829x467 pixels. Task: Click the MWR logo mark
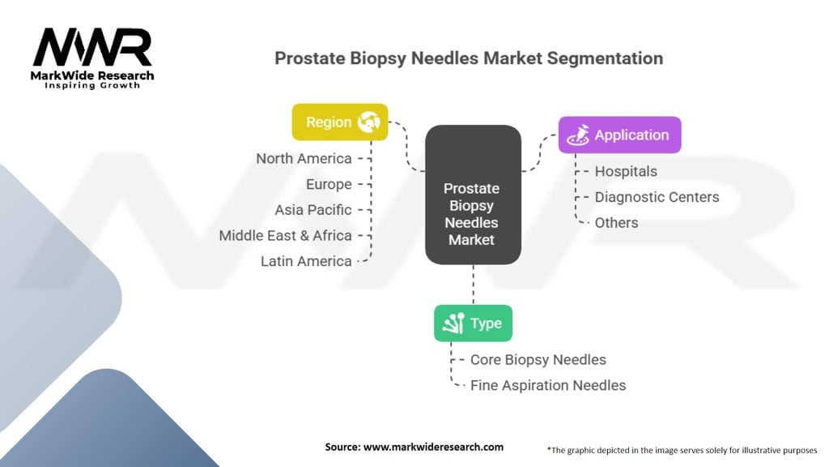pos(92,48)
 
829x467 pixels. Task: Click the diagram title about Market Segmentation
pos(469,58)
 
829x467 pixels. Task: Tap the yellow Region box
pos(340,122)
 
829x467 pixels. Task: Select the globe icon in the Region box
pos(368,122)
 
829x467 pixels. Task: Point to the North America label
pos(304,158)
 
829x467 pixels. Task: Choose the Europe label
pos(329,184)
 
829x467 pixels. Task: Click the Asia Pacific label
pos(313,210)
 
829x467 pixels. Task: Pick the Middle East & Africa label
pos(286,236)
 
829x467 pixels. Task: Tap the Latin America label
pos(306,261)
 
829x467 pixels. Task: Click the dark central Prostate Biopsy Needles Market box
pos(473,195)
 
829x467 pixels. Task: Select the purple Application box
pos(619,135)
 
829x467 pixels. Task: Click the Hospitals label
pos(626,172)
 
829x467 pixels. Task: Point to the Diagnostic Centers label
pos(657,197)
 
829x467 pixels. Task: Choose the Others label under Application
pos(616,223)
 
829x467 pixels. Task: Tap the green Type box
pos(473,323)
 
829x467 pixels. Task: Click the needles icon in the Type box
pos(453,323)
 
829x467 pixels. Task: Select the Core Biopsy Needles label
pos(538,360)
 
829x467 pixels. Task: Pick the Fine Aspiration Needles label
pos(548,385)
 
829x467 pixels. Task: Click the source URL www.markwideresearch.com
pos(434,447)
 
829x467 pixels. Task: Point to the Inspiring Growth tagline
pos(92,85)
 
